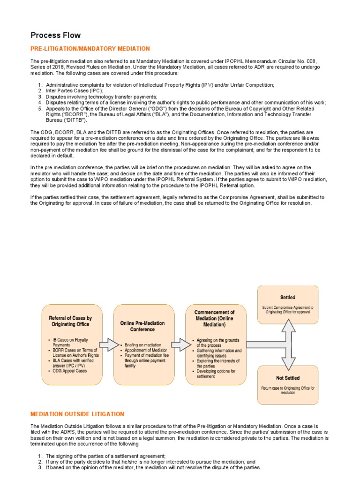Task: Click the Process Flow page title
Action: pyautogui.click(x=55, y=35)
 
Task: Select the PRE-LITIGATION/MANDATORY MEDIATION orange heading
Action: pyautogui.click(x=90, y=49)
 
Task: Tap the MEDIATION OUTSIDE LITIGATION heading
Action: pyautogui.click(x=77, y=414)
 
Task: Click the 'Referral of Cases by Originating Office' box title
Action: pyautogui.click(x=70, y=321)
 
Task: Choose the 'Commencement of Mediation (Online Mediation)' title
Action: pyautogui.click(x=214, y=318)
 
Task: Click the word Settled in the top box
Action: pyautogui.click(x=287, y=297)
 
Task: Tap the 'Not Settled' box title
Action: pyautogui.click(x=288, y=378)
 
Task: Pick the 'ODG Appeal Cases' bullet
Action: pyautogui.click(x=70, y=371)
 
